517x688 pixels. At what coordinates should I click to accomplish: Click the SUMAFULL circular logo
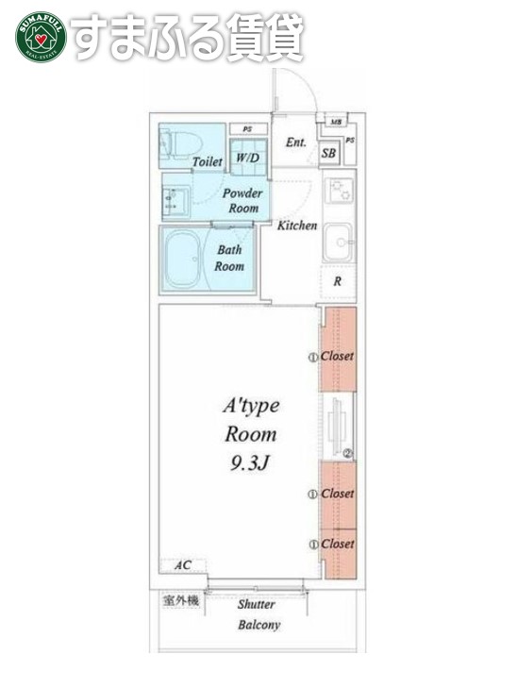[39, 37]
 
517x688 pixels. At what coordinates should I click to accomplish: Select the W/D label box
[247, 158]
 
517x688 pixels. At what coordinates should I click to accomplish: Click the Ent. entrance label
[295, 143]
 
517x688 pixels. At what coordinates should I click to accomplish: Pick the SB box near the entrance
[329, 153]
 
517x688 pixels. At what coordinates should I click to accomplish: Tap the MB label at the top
[336, 122]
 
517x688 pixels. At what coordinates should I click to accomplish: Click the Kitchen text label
[296, 226]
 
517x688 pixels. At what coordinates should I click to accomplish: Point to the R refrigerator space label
[337, 280]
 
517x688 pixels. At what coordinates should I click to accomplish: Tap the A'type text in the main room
[250, 406]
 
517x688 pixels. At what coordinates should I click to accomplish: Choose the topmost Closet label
[337, 356]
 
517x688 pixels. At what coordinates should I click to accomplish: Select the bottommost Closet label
[337, 544]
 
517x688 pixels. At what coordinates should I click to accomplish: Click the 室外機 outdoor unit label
[181, 600]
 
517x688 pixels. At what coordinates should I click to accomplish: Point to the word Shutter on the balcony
[257, 604]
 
